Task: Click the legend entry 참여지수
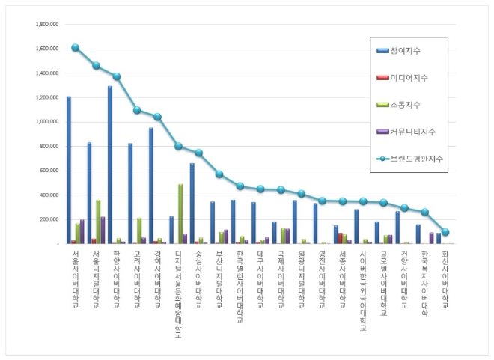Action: (406, 51)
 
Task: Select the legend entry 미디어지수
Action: (409, 78)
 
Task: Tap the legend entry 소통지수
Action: (406, 105)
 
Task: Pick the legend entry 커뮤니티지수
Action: (412, 132)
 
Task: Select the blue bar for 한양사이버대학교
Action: (110, 165)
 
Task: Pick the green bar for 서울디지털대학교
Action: (97, 222)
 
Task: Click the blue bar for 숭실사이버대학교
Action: (192, 203)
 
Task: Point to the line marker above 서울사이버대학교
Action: (76, 48)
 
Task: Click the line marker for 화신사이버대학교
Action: (445, 232)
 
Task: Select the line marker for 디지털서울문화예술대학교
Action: (178, 146)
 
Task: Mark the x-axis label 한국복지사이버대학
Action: (424, 281)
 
